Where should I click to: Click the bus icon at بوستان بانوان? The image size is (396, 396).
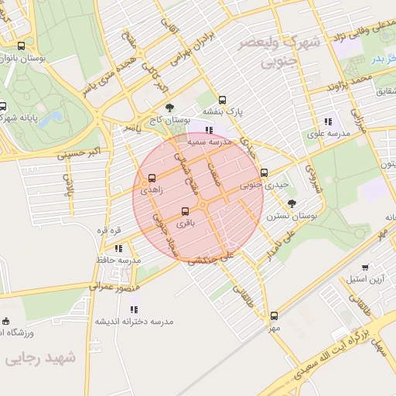click(20, 46)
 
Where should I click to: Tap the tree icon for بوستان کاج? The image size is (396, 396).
click(169, 109)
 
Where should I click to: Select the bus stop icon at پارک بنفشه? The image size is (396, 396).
click(223, 100)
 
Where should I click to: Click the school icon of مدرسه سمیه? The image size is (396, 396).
click(209, 130)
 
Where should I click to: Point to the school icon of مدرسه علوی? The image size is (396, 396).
click(329, 121)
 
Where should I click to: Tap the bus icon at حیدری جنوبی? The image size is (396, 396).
click(265, 172)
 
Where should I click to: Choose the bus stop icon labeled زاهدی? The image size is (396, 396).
click(151, 178)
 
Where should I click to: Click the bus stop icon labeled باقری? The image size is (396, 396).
click(185, 211)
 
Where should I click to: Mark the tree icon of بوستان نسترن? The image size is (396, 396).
click(291, 203)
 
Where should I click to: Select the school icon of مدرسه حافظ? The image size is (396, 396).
click(118, 248)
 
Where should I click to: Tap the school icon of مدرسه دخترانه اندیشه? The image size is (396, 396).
click(135, 309)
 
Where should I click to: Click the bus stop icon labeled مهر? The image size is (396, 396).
click(274, 316)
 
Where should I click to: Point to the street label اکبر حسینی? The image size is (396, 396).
click(80, 151)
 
